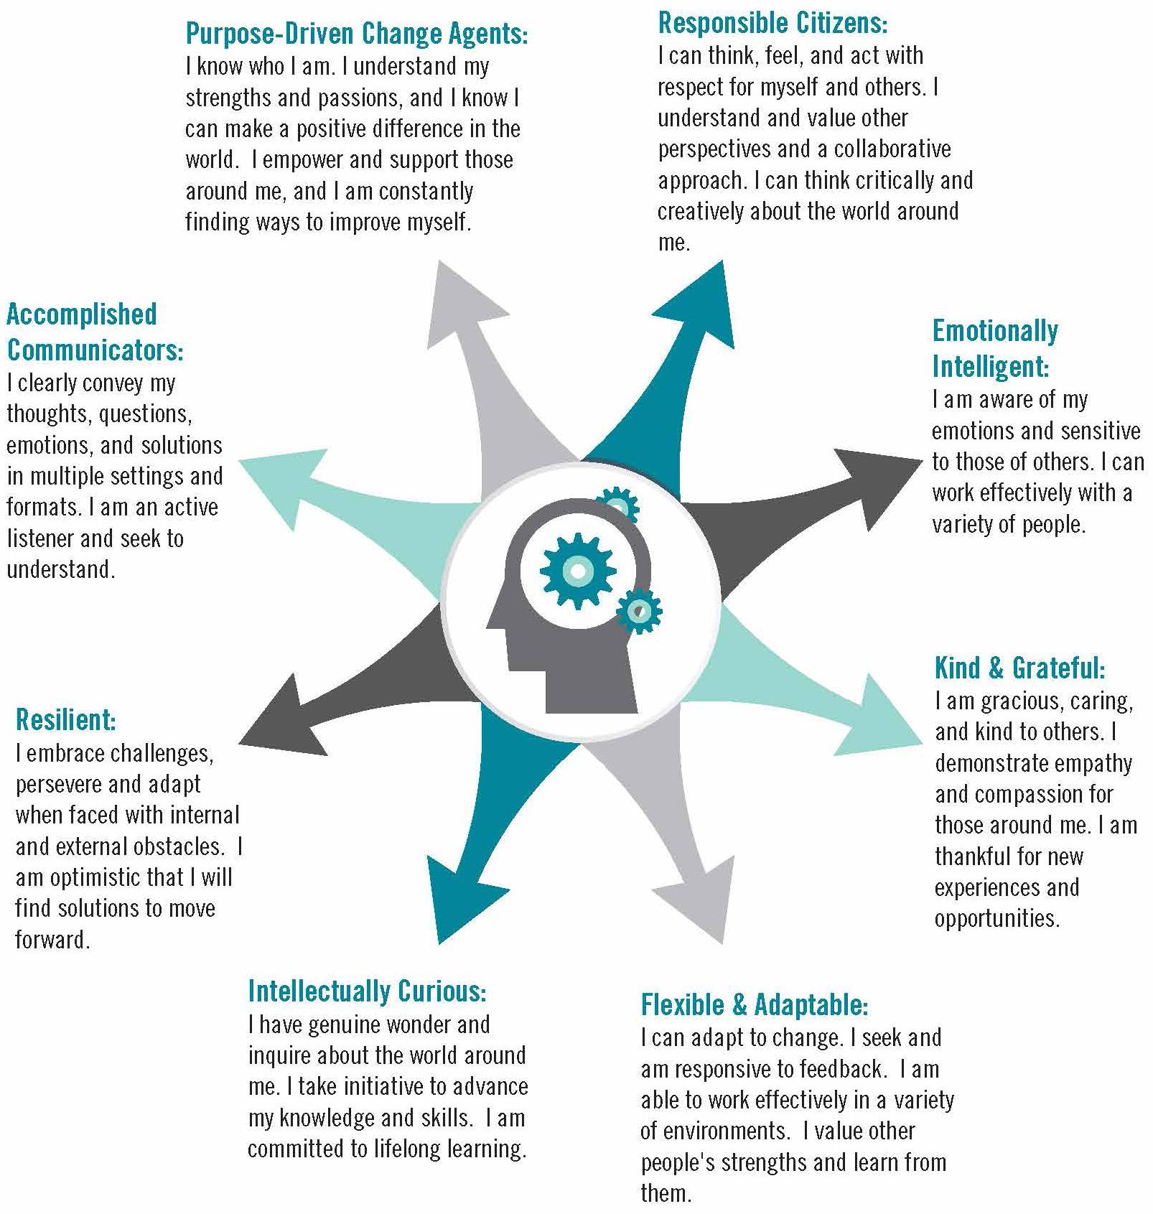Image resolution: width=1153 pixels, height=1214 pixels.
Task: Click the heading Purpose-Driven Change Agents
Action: (x=357, y=33)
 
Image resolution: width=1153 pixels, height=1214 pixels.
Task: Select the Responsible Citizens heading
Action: (x=772, y=23)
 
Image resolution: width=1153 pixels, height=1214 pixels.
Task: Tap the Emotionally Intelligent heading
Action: (x=994, y=348)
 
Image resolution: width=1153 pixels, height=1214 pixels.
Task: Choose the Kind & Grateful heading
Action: (x=1019, y=668)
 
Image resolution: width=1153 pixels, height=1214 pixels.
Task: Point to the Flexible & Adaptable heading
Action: (x=755, y=1004)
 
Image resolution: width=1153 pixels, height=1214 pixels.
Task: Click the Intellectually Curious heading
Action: (x=367, y=991)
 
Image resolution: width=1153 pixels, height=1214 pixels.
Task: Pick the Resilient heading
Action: (x=65, y=719)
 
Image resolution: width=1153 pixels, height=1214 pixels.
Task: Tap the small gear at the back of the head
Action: (x=638, y=611)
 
